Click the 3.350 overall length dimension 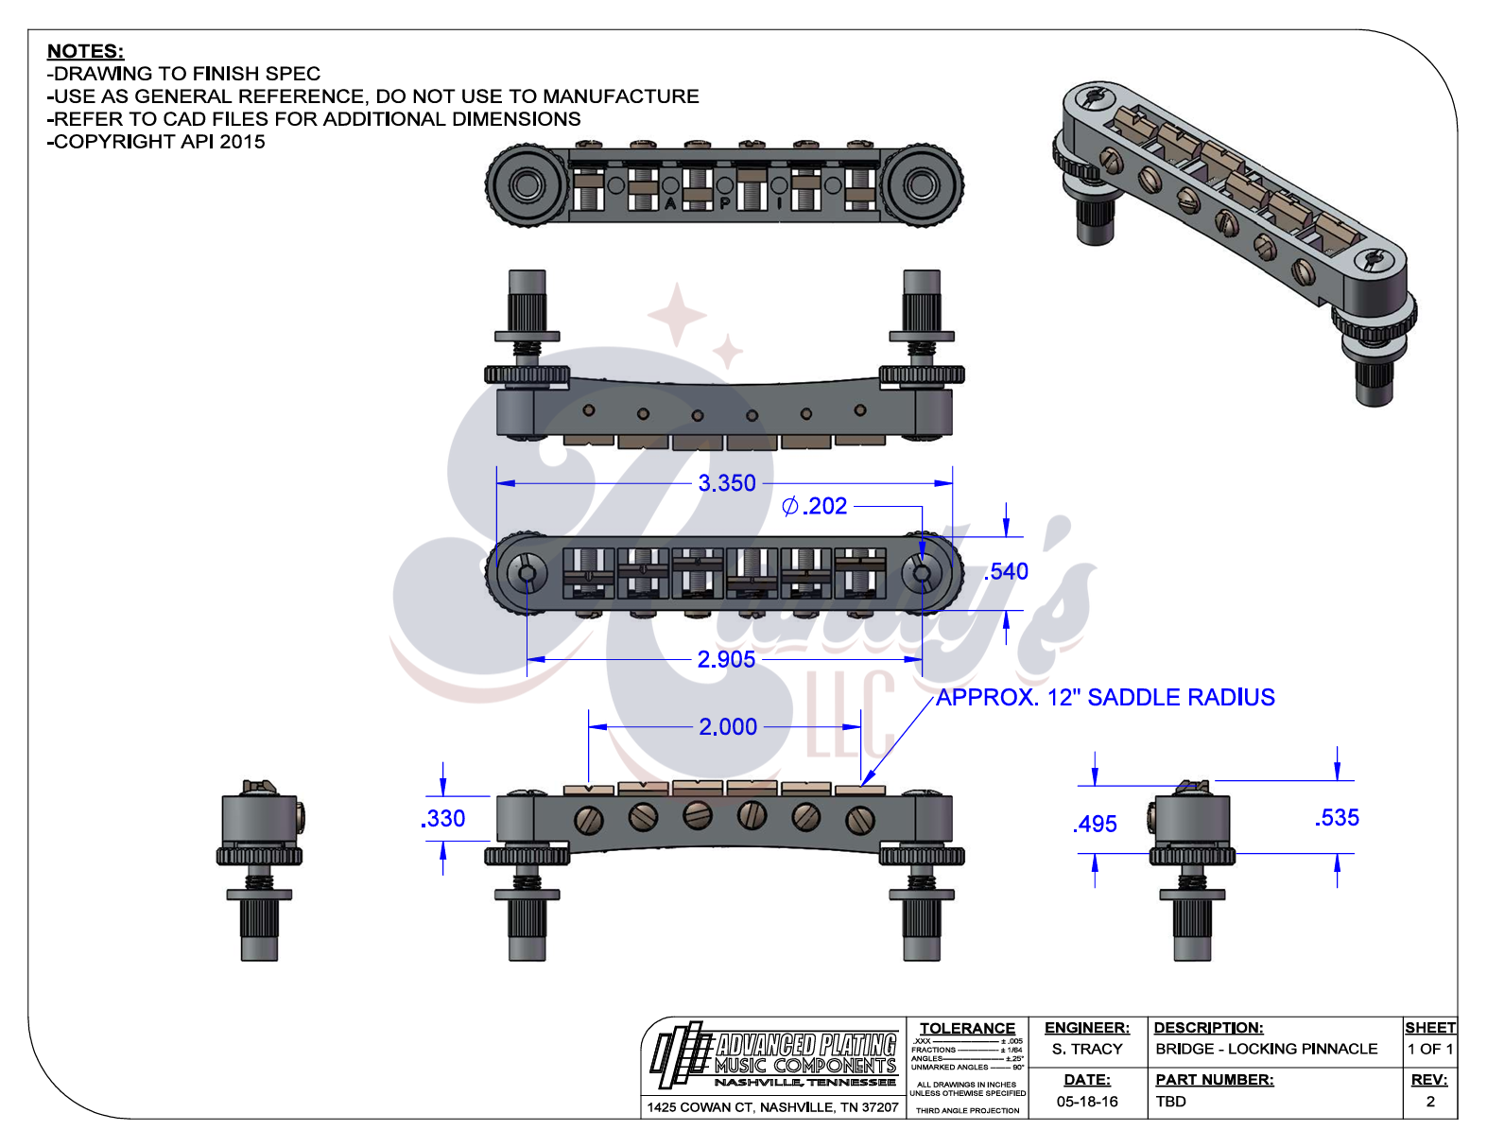(727, 483)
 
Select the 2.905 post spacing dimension (726, 659)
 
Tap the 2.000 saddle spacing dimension (728, 727)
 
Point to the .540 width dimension (1007, 571)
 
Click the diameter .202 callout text (815, 506)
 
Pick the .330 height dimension (443, 819)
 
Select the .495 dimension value (1096, 825)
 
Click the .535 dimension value (1337, 818)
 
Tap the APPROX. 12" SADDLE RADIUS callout (1105, 698)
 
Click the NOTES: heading (85, 51)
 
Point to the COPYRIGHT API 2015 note (157, 142)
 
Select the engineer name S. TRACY (1087, 1049)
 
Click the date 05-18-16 (1087, 1102)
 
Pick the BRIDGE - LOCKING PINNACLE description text (1266, 1049)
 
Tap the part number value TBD (1170, 1102)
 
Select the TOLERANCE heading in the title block (967, 1028)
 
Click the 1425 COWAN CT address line (772, 1107)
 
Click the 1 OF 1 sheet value (1429, 1049)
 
